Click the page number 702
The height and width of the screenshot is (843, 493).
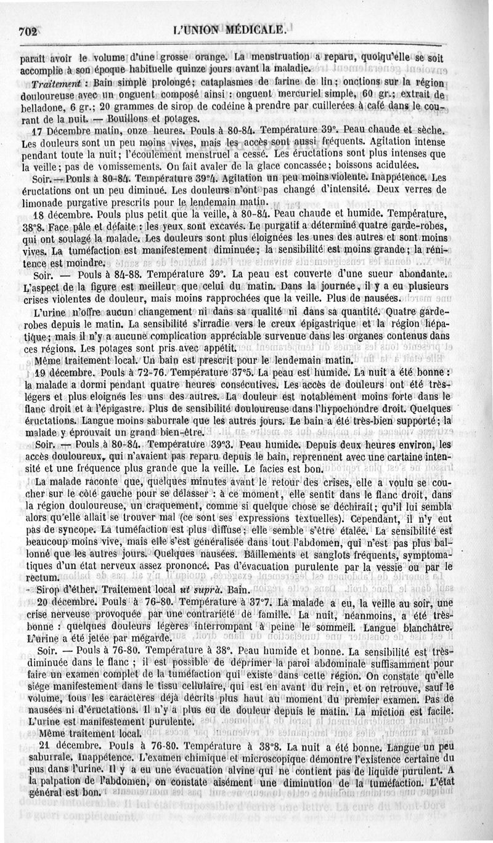tap(28, 29)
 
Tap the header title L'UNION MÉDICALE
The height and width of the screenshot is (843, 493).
tap(229, 29)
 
